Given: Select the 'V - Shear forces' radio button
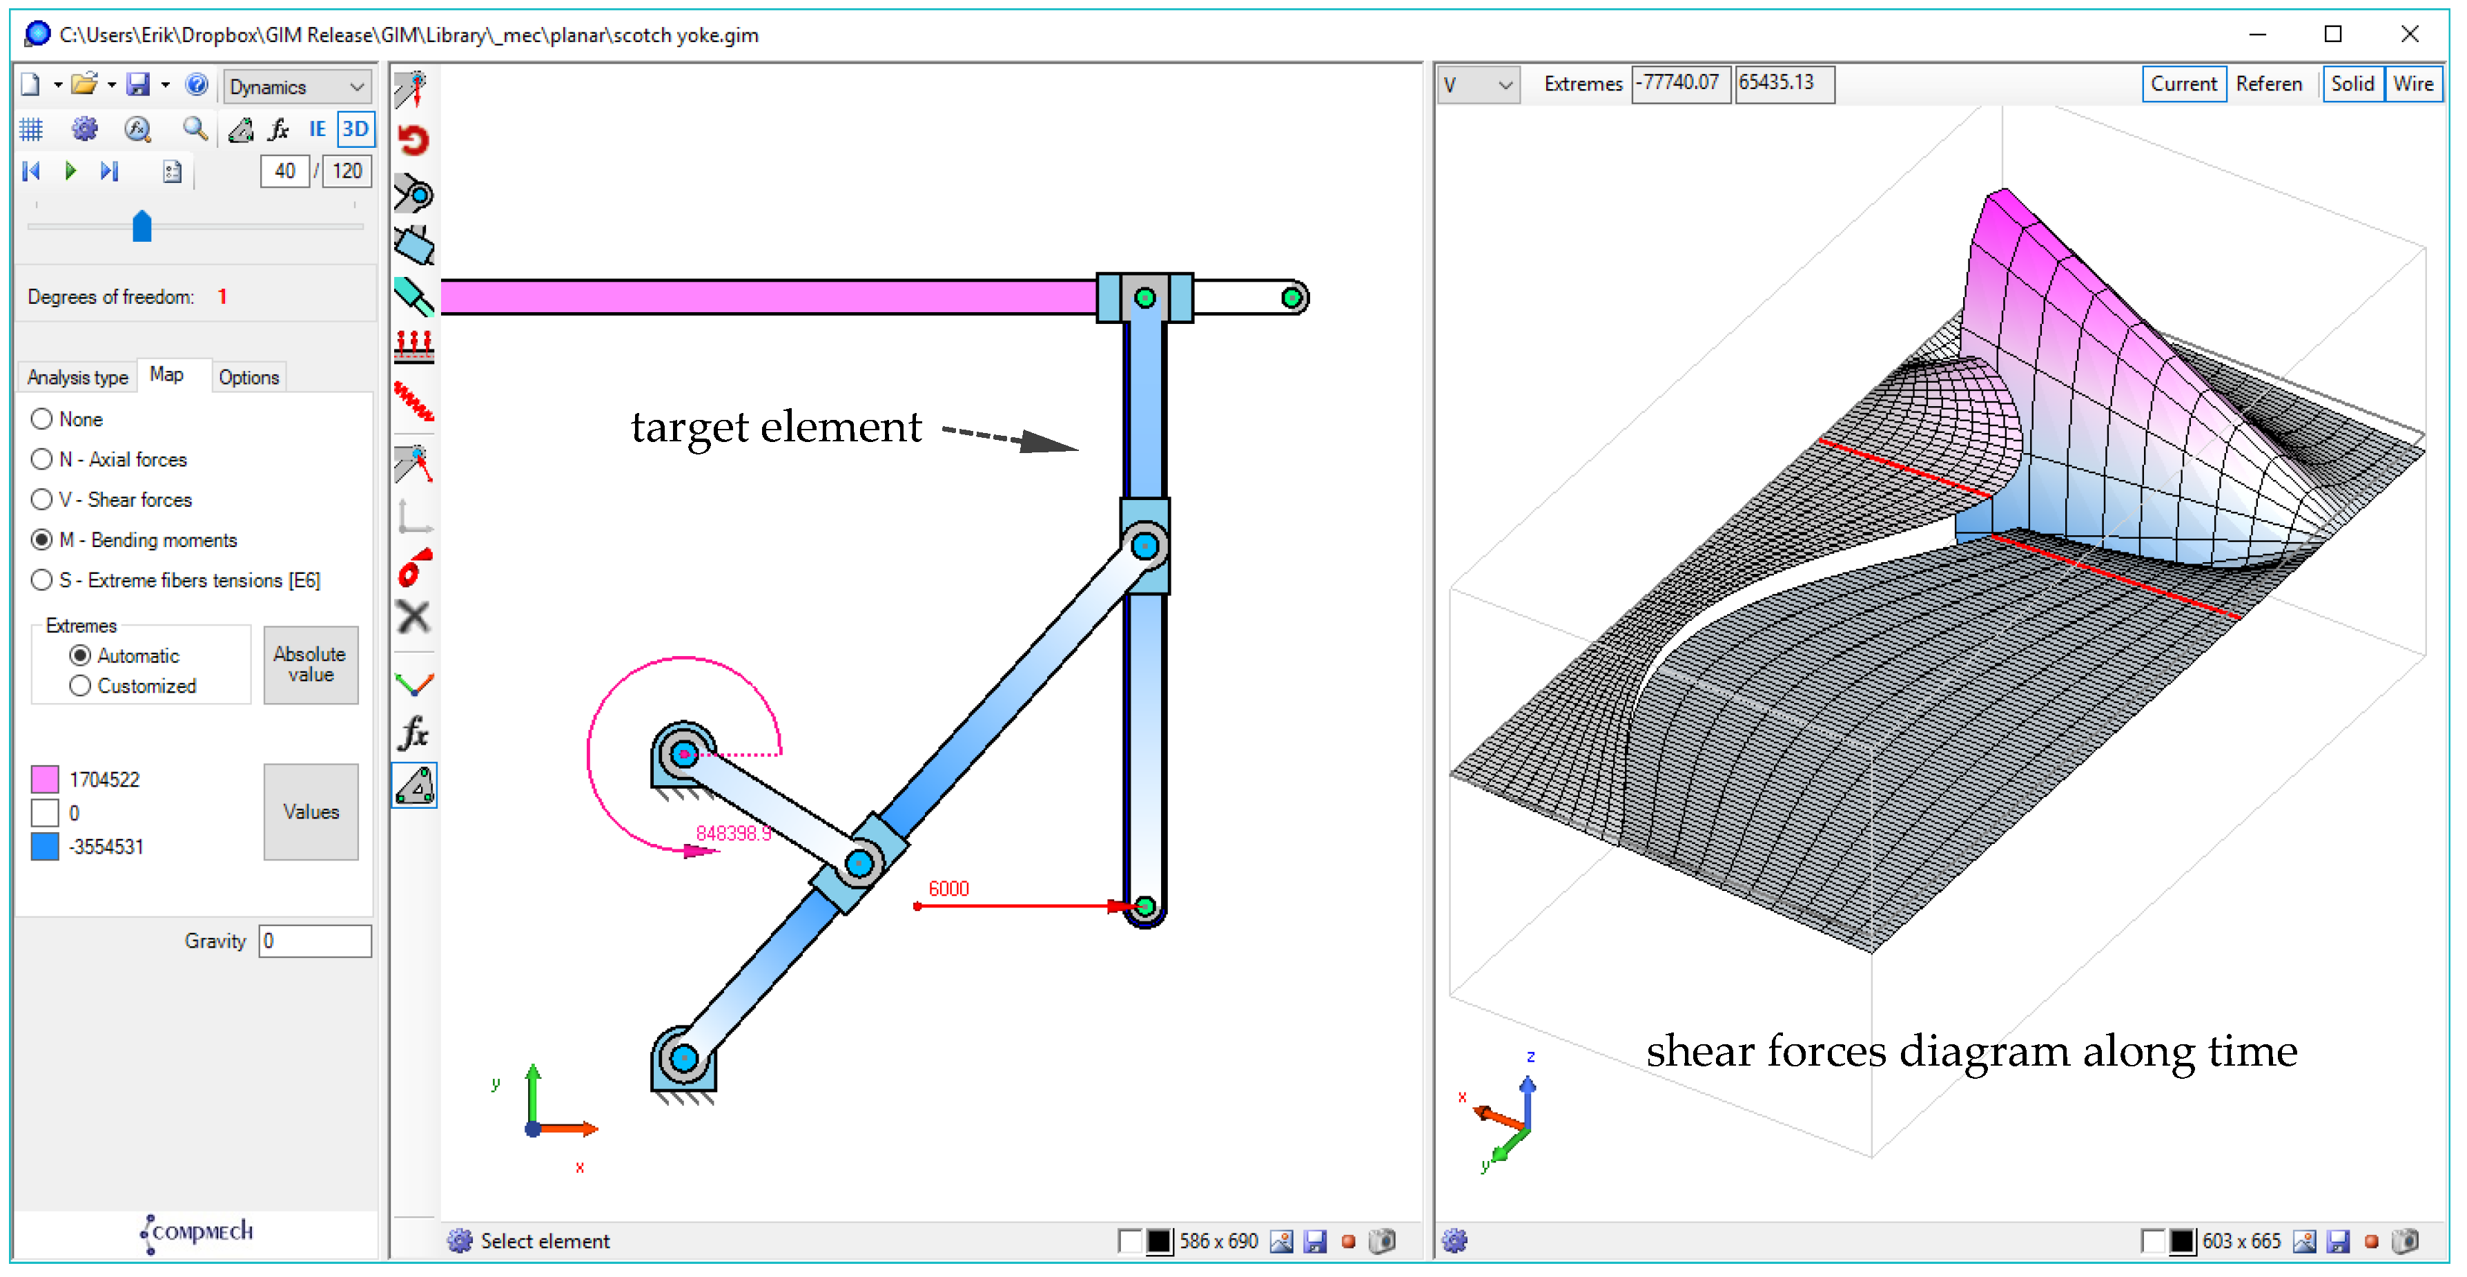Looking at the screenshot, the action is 41,499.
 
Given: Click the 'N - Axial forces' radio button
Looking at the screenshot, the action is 41,459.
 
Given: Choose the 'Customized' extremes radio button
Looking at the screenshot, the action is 81,686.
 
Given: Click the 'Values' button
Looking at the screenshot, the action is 311,812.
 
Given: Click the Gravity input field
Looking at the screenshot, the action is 315,941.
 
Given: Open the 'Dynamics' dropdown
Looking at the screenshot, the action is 297,86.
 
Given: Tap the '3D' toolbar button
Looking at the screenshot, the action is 355,129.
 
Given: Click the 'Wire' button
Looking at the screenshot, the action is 2412,84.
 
